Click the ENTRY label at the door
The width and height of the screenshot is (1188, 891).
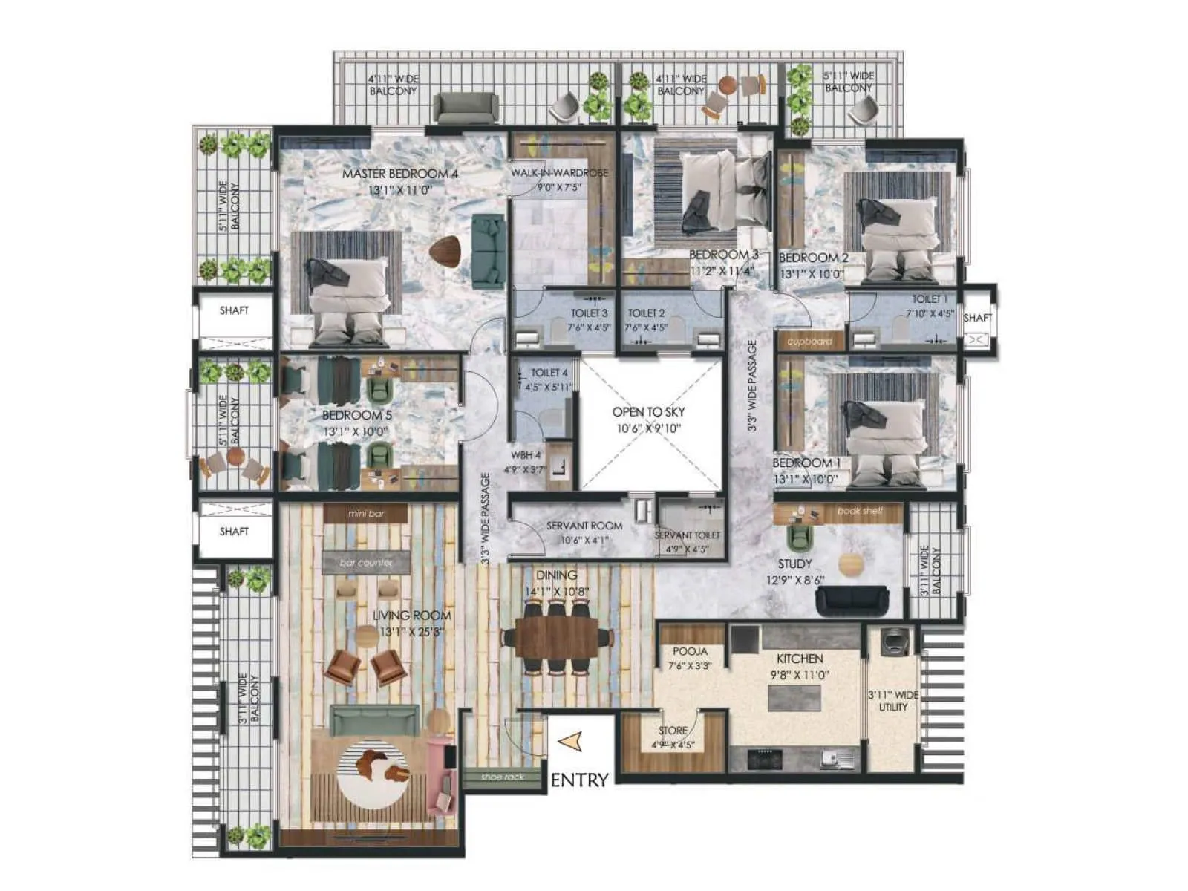point(580,780)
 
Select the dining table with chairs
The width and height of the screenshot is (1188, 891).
point(557,637)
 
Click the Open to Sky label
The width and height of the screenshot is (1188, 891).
point(648,412)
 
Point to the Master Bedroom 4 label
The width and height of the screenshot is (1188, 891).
point(400,174)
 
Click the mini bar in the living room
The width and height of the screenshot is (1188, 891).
point(366,513)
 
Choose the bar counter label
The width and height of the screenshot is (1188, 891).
point(365,563)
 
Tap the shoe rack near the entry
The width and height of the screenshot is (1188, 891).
point(503,777)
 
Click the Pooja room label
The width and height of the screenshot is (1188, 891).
point(689,651)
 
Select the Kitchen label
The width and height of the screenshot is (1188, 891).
point(800,659)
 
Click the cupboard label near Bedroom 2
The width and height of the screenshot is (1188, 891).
point(809,342)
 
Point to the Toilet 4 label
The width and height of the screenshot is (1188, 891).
point(549,373)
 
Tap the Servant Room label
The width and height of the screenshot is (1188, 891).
point(584,526)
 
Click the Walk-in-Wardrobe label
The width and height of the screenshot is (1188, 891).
point(559,173)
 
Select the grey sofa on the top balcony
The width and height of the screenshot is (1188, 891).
point(465,108)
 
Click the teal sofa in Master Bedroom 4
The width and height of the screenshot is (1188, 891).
point(489,251)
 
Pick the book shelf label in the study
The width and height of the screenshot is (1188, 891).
point(860,511)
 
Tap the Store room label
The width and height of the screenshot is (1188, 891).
point(673,731)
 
